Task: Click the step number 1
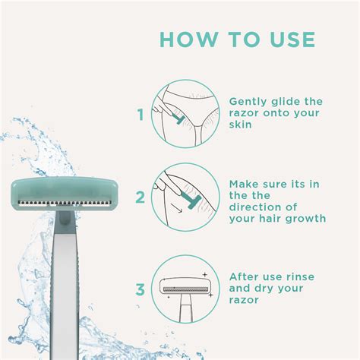(x=140, y=115)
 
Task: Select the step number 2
(x=140, y=198)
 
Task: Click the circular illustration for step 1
(x=181, y=115)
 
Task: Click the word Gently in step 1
(x=248, y=102)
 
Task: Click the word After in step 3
(x=245, y=276)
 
